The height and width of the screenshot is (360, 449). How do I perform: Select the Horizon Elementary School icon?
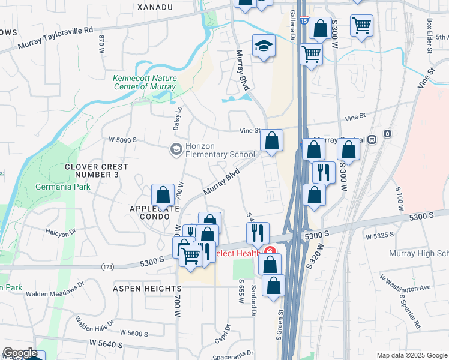(x=176, y=149)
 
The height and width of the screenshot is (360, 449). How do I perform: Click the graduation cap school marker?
(x=263, y=46)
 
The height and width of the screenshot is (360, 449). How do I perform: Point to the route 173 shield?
(x=108, y=266)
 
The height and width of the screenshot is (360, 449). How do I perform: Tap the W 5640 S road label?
(x=106, y=344)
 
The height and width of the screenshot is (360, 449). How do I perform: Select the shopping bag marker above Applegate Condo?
(x=163, y=194)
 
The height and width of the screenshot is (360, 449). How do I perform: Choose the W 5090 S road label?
(x=122, y=140)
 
